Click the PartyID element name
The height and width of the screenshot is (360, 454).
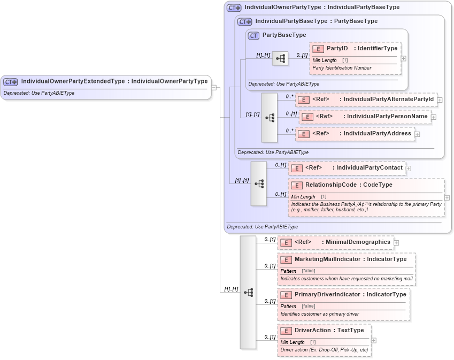[x=337, y=49]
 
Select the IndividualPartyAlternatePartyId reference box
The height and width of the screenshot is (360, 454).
[x=366, y=99]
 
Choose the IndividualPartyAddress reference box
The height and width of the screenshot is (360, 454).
[x=356, y=134]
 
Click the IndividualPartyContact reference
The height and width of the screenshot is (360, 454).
[x=347, y=168]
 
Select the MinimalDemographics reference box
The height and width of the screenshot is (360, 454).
[x=335, y=242]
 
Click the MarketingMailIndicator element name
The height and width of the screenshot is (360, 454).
[x=327, y=259]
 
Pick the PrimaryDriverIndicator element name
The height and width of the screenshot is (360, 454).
[x=327, y=294]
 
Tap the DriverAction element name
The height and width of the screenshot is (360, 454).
[x=313, y=331]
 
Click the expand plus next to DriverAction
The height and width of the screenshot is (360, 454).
[x=374, y=340]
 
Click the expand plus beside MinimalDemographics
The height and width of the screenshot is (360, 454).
[x=397, y=243]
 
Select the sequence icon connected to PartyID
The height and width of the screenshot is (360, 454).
[x=280, y=58]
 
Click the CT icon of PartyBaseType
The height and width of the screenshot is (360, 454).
[x=254, y=35]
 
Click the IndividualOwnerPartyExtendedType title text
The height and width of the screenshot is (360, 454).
[x=114, y=81]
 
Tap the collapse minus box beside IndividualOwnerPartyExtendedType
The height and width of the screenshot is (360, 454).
[x=214, y=88]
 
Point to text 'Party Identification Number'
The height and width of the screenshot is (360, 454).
[x=342, y=68]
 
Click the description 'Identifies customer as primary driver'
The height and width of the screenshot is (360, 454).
[x=319, y=313]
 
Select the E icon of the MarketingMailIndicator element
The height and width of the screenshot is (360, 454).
[x=286, y=259]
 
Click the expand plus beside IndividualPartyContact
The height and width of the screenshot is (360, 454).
[x=409, y=168]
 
